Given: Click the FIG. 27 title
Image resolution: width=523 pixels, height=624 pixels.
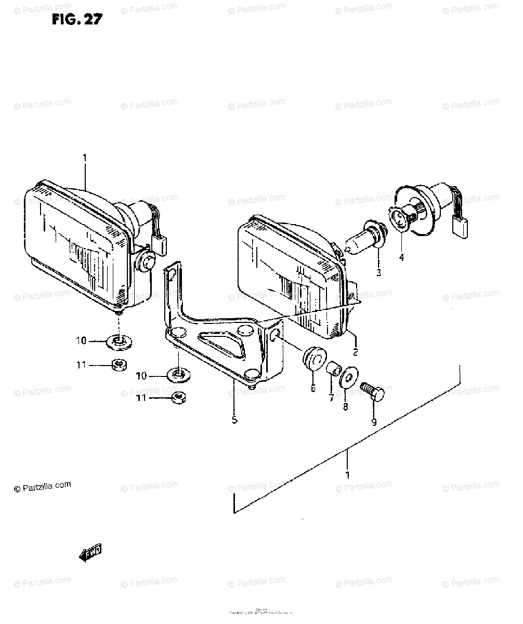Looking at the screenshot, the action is [x=77, y=20].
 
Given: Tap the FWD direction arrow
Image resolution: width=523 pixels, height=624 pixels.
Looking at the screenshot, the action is [x=90, y=553].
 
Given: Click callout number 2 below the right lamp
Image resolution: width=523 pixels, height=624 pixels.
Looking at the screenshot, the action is [x=355, y=352].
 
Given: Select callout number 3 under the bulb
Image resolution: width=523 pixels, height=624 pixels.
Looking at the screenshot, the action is [x=378, y=272].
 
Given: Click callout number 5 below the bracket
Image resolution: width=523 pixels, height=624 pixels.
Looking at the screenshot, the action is [x=234, y=420].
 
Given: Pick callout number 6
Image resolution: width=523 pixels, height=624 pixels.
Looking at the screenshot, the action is [x=313, y=388].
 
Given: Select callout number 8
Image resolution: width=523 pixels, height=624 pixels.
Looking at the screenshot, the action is [x=346, y=408].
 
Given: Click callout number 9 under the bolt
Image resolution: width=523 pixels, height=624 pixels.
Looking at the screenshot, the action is [x=373, y=423].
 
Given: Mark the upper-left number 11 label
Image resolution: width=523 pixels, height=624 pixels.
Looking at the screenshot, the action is [x=81, y=366].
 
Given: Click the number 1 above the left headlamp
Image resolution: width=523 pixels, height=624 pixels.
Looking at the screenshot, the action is [x=85, y=157].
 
